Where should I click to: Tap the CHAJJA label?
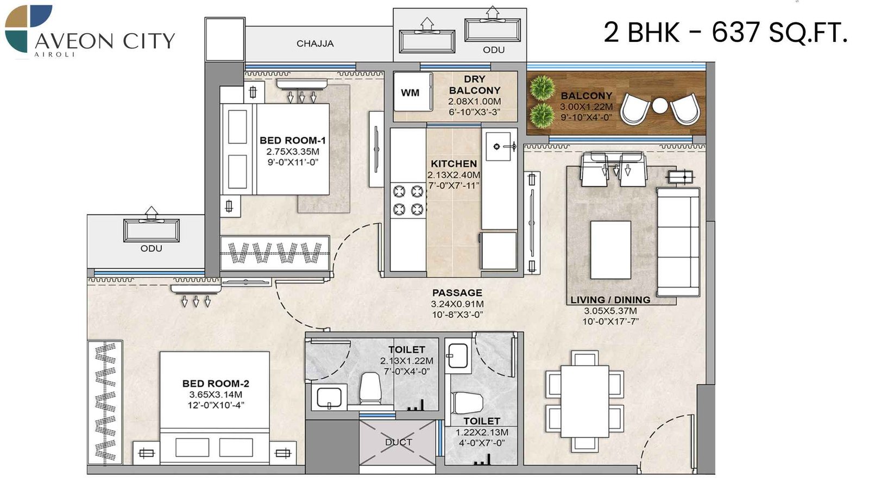pos(315,43)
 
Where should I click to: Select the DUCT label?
pos(399,442)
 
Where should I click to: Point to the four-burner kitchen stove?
pos(408,200)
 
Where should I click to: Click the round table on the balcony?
pos(659,105)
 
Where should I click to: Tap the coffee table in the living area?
pos(610,250)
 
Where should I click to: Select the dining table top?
pos(584,401)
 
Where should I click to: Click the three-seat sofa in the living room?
pos(678,241)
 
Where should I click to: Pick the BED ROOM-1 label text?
pos(293,140)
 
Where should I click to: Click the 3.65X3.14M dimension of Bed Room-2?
pos(216,394)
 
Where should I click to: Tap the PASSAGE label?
pos(457,293)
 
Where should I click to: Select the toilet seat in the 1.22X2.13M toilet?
pos(467,403)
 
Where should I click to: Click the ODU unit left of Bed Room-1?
pos(151,230)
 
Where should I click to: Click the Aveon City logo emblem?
pos(28,28)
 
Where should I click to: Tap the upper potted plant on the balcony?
pos(541,88)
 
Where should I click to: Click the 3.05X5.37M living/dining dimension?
pos(610,311)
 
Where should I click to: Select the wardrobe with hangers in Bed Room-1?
pos(275,253)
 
